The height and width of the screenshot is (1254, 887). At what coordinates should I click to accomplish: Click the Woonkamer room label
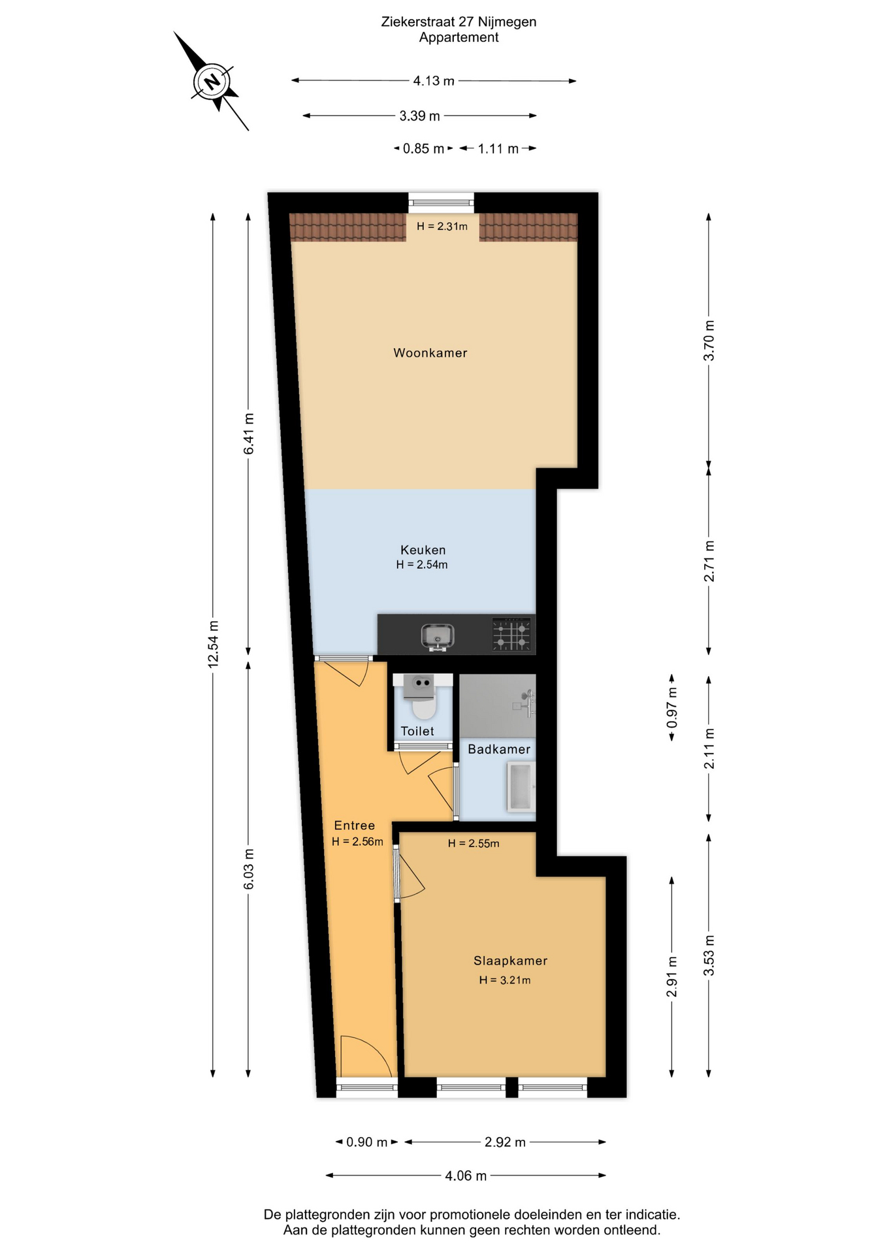click(430, 353)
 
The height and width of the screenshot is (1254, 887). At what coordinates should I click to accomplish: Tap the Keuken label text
click(423, 550)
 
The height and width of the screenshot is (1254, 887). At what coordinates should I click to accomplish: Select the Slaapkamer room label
click(510, 961)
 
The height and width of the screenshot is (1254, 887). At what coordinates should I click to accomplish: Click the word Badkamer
click(499, 749)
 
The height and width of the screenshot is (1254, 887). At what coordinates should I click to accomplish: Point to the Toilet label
click(417, 731)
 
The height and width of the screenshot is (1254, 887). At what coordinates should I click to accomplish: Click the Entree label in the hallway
click(355, 826)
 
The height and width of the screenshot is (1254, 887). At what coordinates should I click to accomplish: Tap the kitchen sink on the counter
click(438, 635)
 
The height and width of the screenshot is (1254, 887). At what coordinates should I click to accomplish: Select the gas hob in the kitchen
click(511, 635)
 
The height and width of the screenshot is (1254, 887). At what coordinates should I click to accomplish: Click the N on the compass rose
click(212, 82)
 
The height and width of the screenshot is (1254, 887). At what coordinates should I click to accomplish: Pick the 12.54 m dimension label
click(213, 644)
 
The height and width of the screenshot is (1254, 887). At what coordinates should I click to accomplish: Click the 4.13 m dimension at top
click(434, 81)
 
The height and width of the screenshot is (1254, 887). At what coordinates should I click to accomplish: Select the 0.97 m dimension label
click(672, 709)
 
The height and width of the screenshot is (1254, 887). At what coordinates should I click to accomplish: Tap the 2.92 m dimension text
click(505, 1142)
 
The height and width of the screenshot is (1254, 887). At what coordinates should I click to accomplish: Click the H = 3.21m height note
click(505, 980)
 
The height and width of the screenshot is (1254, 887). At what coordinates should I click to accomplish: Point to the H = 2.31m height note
click(442, 227)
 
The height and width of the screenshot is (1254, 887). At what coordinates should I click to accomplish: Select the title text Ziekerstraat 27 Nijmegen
click(459, 22)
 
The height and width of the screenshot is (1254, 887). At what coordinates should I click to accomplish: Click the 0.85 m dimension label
click(423, 149)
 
